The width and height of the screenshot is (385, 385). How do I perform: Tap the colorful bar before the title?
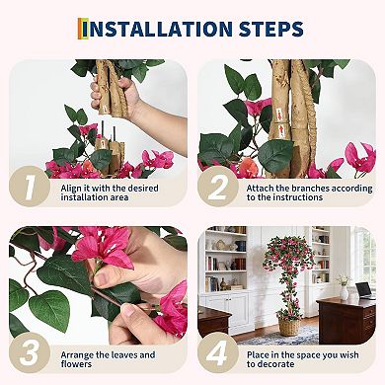pos(82,29)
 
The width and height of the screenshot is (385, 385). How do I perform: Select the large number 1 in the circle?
pos(32,188)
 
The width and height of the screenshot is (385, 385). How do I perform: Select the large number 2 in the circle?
pos(218,188)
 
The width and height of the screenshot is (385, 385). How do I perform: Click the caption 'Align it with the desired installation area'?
pos(104,192)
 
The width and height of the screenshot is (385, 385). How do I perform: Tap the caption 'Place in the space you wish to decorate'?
pos(295,359)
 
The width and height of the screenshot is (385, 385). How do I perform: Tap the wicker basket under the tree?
pos(288,325)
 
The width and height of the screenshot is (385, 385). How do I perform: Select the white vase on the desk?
pos(345,291)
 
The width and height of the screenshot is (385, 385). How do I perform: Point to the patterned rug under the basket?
pos(286,338)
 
